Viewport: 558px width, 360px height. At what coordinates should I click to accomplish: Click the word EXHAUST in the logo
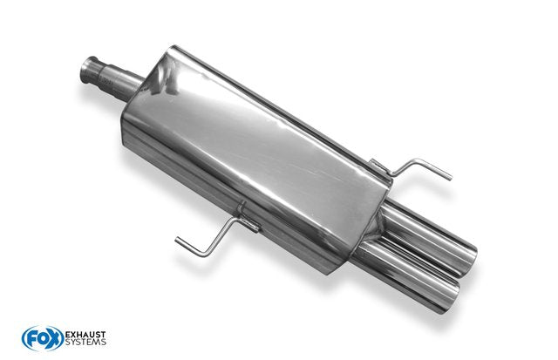click(x=85, y=335)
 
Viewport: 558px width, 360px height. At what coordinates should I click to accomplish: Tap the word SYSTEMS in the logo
click(x=85, y=343)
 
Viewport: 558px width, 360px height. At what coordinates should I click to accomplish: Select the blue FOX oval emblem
click(x=43, y=338)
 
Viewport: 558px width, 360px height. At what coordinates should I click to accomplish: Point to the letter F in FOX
click(x=31, y=339)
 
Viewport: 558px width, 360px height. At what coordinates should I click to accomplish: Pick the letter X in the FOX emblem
click(x=54, y=338)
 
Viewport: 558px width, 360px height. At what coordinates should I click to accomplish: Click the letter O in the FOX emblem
click(x=43, y=339)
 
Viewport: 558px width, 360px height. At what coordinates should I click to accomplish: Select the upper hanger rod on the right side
click(x=417, y=169)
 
